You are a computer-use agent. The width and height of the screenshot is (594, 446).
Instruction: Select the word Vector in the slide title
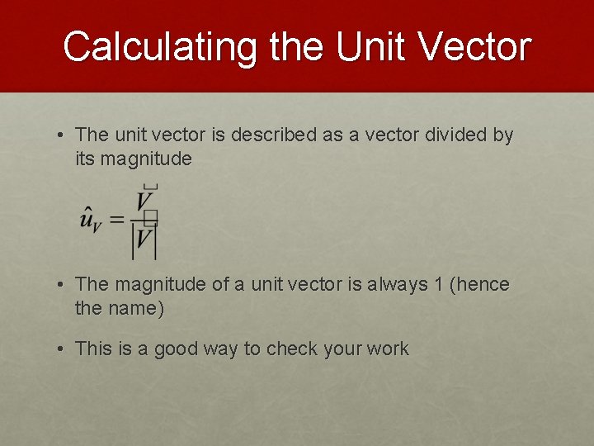475,46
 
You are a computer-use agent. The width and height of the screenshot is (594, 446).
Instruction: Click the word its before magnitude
85,159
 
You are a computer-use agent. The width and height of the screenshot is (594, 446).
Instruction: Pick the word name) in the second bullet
139,309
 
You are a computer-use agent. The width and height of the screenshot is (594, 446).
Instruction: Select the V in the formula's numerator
144,202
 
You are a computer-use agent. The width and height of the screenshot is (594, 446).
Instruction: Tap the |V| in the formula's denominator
144,241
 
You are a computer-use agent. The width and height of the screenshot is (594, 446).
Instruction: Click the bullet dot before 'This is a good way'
62,349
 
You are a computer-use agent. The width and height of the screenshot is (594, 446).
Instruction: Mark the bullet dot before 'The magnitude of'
62,285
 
